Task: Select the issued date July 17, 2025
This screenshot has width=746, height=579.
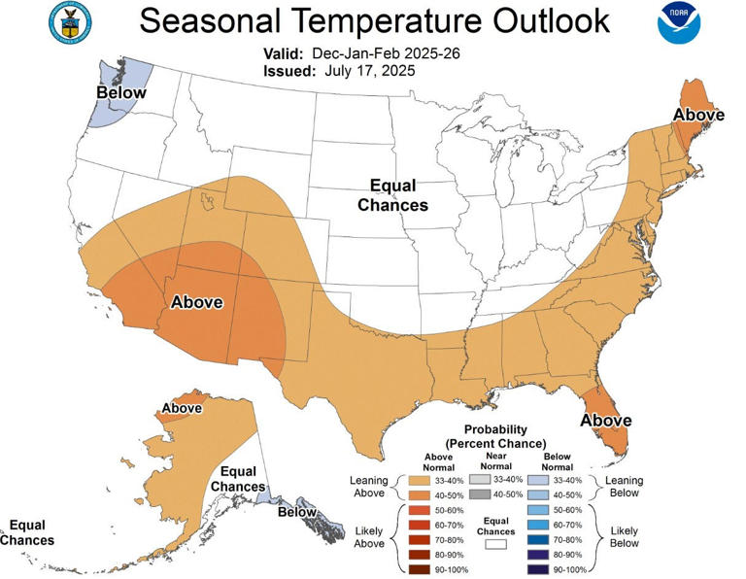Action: [363, 71]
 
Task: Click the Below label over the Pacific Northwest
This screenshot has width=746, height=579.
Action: [120, 93]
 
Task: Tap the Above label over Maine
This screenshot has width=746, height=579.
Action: [699, 115]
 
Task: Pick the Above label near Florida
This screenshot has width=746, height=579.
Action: [606, 421]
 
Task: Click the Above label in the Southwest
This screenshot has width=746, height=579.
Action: [197, 301]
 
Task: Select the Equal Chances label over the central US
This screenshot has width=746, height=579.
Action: [392, 195]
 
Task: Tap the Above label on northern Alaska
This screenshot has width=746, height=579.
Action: [182, 408]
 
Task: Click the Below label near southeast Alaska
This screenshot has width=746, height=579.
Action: [298, 512]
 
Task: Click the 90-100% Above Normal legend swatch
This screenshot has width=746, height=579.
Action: [418, 568]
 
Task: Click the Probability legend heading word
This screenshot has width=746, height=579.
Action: [495, 429]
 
